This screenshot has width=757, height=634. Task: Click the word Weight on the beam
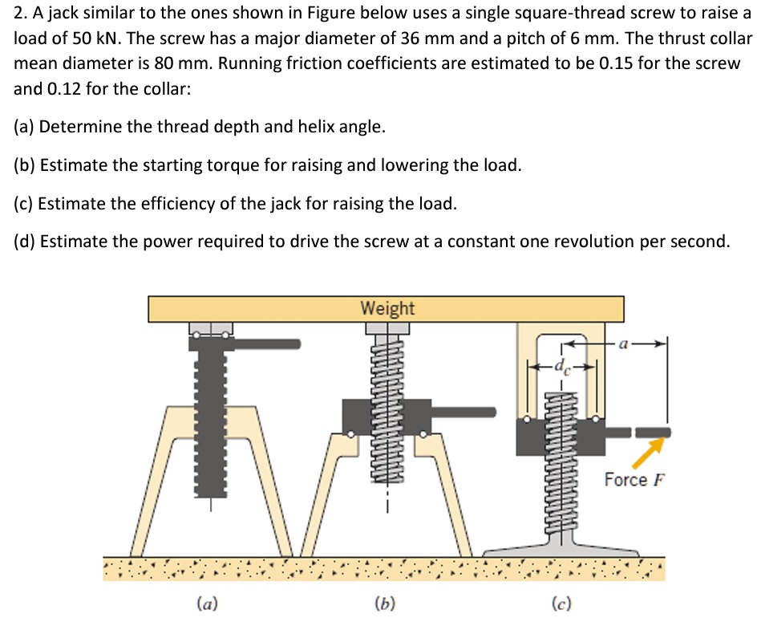(387, 308)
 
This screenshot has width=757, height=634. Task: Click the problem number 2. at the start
(21, 14)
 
